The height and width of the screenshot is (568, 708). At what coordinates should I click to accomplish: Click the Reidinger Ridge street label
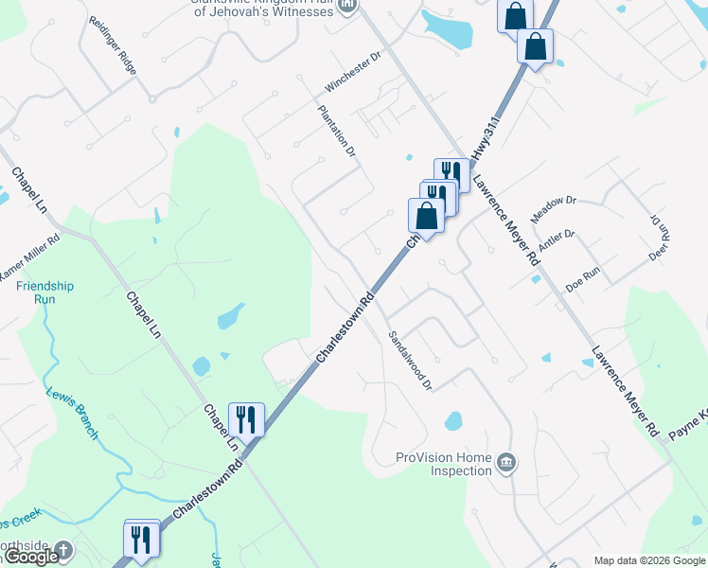113,44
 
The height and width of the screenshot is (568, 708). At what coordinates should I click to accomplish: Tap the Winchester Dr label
352,71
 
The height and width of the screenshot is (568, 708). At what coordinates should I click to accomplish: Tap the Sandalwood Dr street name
410,360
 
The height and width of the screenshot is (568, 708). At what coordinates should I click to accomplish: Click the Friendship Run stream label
44,293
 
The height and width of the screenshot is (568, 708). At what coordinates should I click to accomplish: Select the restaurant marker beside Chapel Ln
246,418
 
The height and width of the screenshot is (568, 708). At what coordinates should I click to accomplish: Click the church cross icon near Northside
62,549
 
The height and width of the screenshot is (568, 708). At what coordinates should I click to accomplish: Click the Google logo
30,557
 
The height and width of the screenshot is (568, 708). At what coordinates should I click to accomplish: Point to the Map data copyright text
649,560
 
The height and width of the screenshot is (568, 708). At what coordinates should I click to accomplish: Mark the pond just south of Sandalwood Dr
453,419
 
